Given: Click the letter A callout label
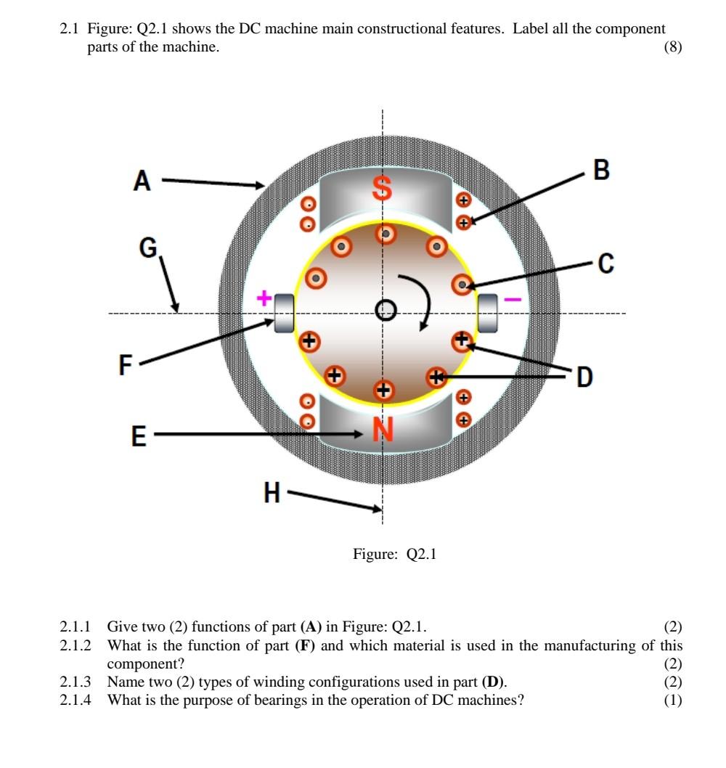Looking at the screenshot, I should [x=142, y=181].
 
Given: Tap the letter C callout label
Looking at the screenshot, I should [x=606, y=265].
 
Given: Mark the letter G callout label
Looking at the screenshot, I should [x=148, y=249].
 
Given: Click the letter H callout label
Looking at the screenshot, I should [x=272, y=494].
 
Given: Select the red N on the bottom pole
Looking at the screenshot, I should [x=383, y=430].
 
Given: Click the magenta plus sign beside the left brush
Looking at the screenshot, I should [x=265, y=298].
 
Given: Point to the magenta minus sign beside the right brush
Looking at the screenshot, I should [x=512, y=298].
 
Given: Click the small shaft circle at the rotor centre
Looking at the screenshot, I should [x=386, y=311].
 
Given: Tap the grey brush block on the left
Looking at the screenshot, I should [x=283, y=313].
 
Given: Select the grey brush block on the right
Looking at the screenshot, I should [x=487, y=313].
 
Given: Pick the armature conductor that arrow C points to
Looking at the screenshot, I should [x=462, y=285].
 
